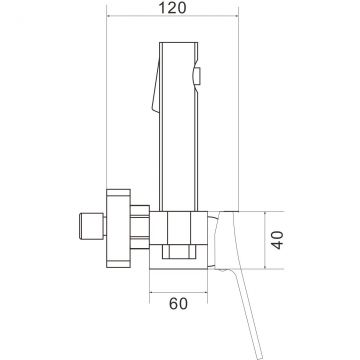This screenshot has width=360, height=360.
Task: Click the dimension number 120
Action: click(172, 8)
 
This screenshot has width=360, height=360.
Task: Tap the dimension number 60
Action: click(178, 304)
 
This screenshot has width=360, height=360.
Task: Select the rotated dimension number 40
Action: click(277, 240)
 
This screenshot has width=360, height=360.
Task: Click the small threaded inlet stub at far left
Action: click(92, 226)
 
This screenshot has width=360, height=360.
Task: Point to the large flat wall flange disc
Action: click(118, 228)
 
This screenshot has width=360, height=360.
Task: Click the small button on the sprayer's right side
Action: click(197, 75)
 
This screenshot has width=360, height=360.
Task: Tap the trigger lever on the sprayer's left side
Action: click(155, 86)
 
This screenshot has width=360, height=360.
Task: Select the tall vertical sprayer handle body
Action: click(179, 127)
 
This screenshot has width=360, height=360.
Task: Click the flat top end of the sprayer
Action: click(179, 43)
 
